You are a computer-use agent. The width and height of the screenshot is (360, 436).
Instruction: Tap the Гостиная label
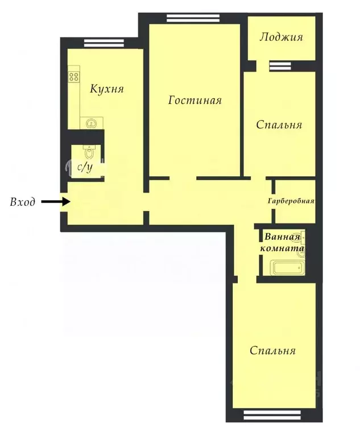coord(195,101)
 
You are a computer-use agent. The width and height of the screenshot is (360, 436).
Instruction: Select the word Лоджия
coord(280,38)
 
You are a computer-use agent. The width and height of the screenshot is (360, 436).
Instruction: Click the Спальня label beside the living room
coord(279,124)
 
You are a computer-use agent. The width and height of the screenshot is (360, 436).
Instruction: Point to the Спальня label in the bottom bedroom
coord(273,351)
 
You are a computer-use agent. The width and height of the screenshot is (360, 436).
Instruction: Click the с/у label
coord(85,167)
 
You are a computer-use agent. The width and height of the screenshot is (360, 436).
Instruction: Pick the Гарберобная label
coord(291,201)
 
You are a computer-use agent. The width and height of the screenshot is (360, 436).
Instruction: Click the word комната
coord(283,248)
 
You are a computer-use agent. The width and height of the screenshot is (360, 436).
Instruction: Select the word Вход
coord(23,202)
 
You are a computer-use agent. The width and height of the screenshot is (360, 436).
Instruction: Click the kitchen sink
coord(89,122)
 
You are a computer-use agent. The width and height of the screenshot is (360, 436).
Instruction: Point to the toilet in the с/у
coord(89,152)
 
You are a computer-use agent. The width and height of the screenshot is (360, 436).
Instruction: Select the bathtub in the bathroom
coord(287,268)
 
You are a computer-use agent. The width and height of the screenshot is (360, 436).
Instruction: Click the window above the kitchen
coord(100,41)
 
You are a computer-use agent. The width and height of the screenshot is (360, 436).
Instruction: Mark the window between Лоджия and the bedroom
coord(280,67)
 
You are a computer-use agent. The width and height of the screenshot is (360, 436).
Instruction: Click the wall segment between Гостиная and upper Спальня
coord(243,122)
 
